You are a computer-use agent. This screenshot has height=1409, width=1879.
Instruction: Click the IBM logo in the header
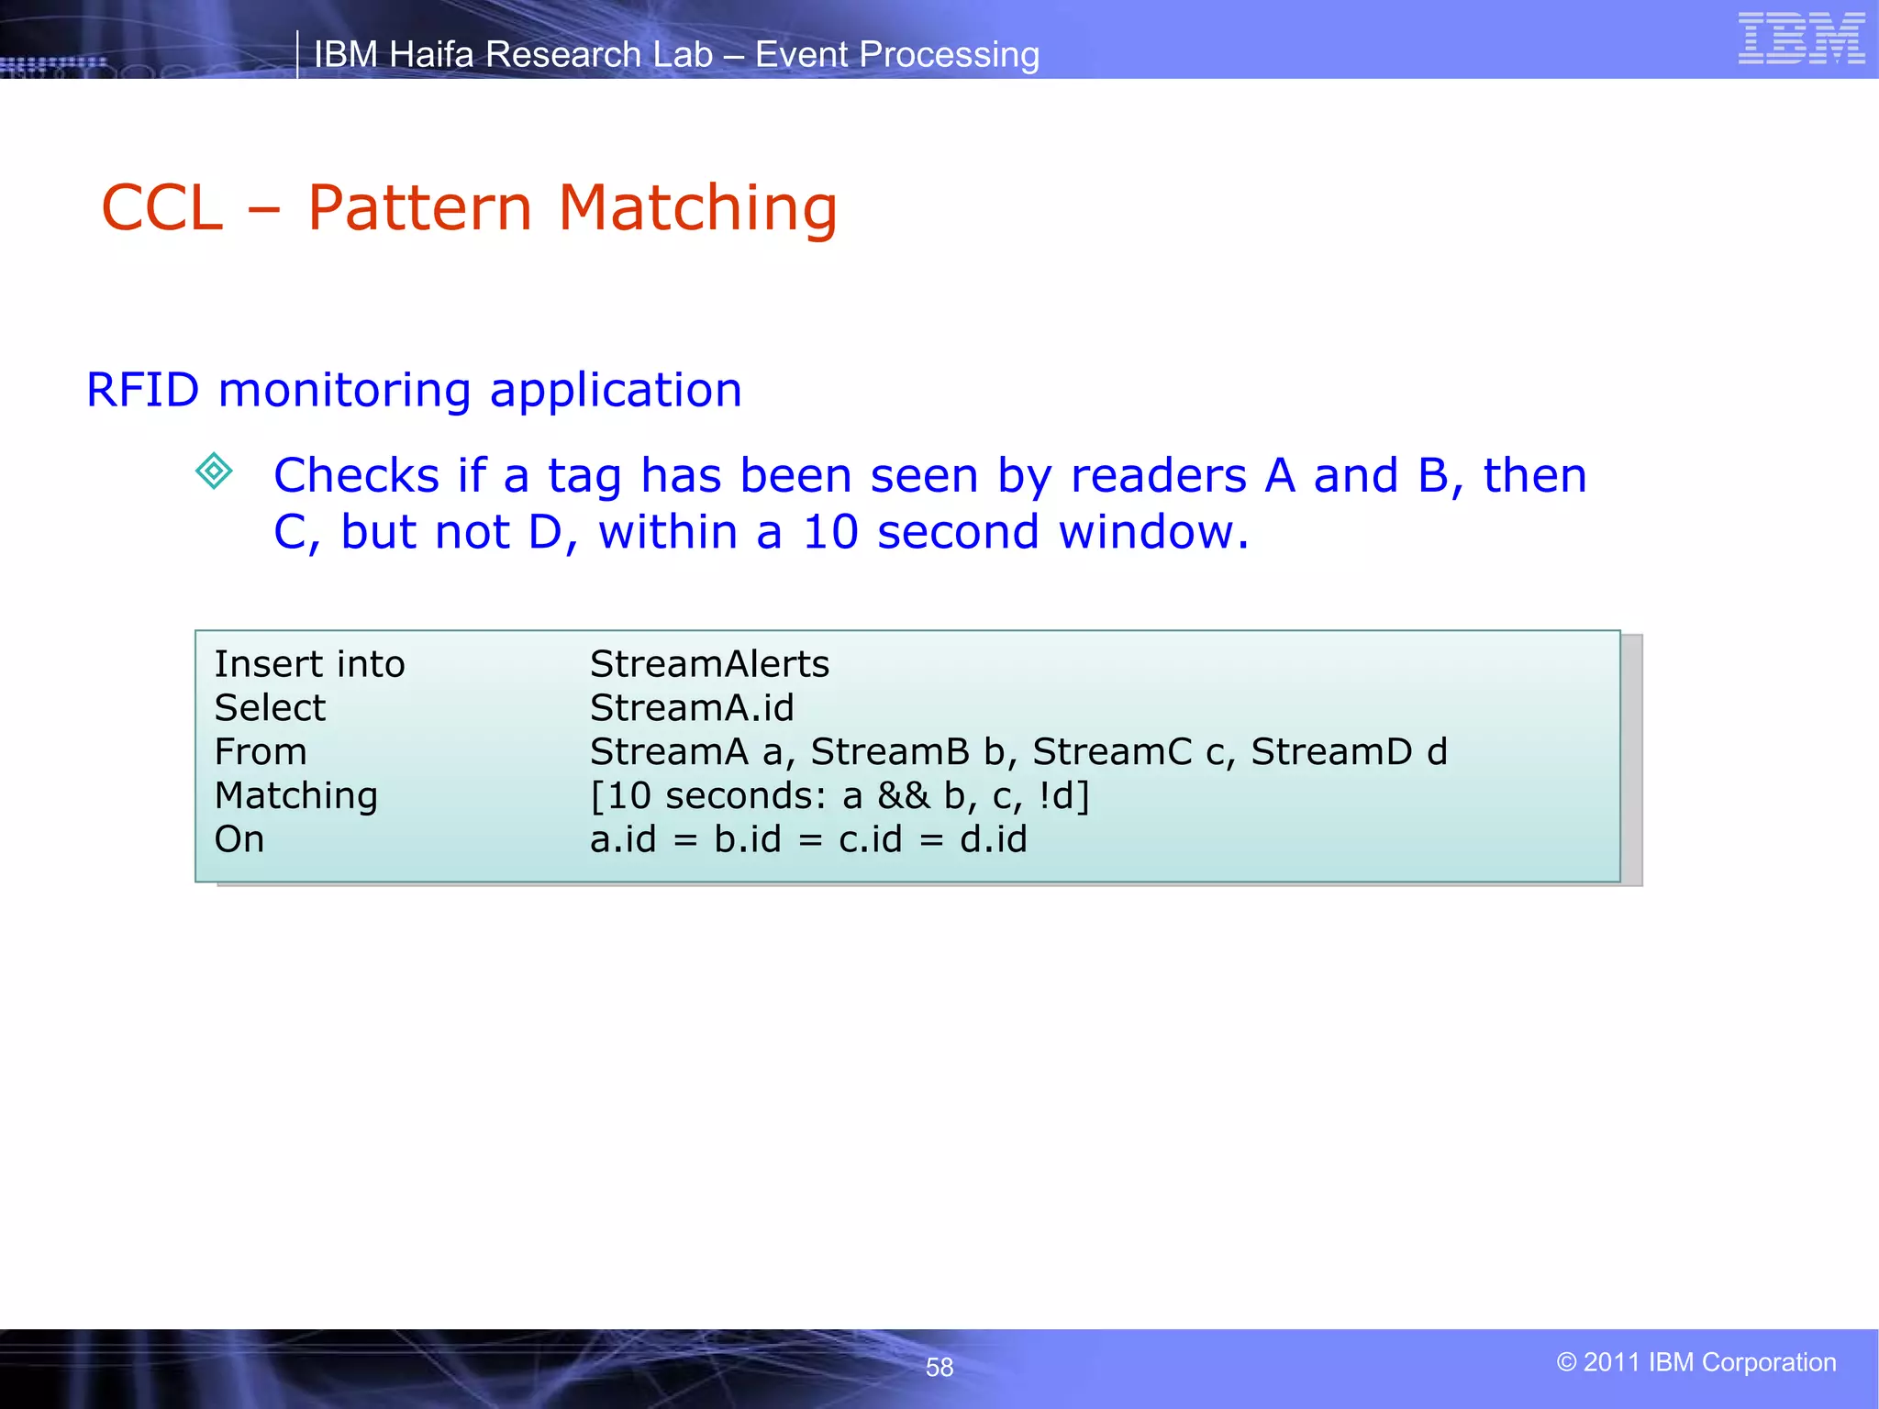[x=1801, y=39]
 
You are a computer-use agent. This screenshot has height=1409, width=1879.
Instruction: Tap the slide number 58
[x=939, y=1367]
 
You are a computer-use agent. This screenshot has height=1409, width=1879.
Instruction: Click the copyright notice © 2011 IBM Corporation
[x=1696, y=1362]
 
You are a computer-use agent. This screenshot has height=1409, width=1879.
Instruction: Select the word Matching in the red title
[x=697, y=209]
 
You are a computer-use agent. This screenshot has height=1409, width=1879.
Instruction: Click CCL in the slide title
[x=162, y=207]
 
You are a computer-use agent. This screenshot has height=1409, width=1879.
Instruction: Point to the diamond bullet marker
[x=215, y=472]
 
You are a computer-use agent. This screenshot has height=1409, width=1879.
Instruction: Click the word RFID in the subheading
[x=142, y=390]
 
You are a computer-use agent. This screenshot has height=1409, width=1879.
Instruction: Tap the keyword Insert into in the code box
[x=309, y=664]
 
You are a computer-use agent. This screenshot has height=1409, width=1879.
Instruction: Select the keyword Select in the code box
[x=270, y=708]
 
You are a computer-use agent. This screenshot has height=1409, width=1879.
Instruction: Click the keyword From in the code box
[x=261, y=752]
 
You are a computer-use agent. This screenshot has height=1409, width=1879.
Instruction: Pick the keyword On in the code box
[x=239, y=839]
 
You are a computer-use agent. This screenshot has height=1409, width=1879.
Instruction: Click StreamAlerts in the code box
[x=709, y=664]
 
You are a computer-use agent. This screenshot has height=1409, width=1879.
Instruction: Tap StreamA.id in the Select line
[x=692, y=708]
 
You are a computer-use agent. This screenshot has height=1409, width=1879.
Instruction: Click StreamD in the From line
[x=1331, y=752]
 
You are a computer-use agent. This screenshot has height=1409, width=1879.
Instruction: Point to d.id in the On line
[x=994, y=839]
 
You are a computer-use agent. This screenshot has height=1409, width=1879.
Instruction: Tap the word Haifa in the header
[x=431, y=55]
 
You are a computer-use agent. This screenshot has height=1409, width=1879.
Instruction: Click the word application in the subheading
[x=616, y=391]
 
